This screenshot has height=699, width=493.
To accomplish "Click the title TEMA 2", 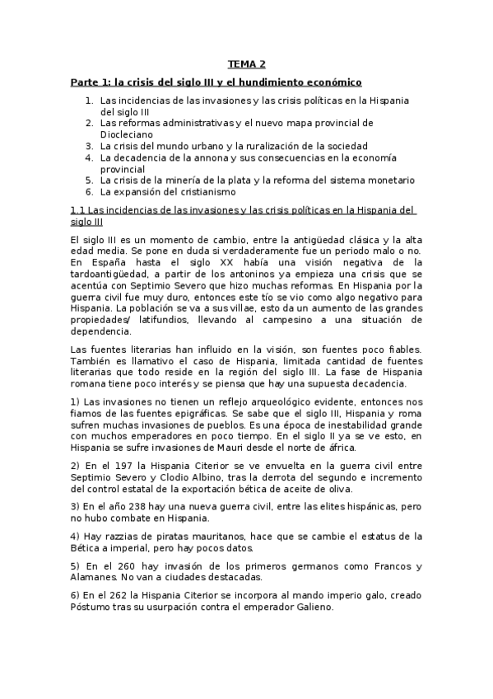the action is click(x=246, y=63).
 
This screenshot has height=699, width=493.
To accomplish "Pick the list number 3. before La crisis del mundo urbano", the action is click(x=90, y=146).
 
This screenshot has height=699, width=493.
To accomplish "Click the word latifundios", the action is click(x=161, y=319).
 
